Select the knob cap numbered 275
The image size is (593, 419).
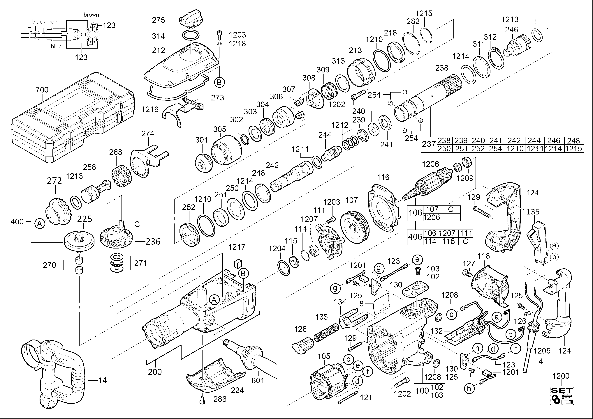[191, 20]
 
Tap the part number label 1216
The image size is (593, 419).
[150, 109]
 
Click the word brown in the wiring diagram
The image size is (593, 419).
[91, 15]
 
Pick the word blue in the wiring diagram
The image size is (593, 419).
[56, 47]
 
